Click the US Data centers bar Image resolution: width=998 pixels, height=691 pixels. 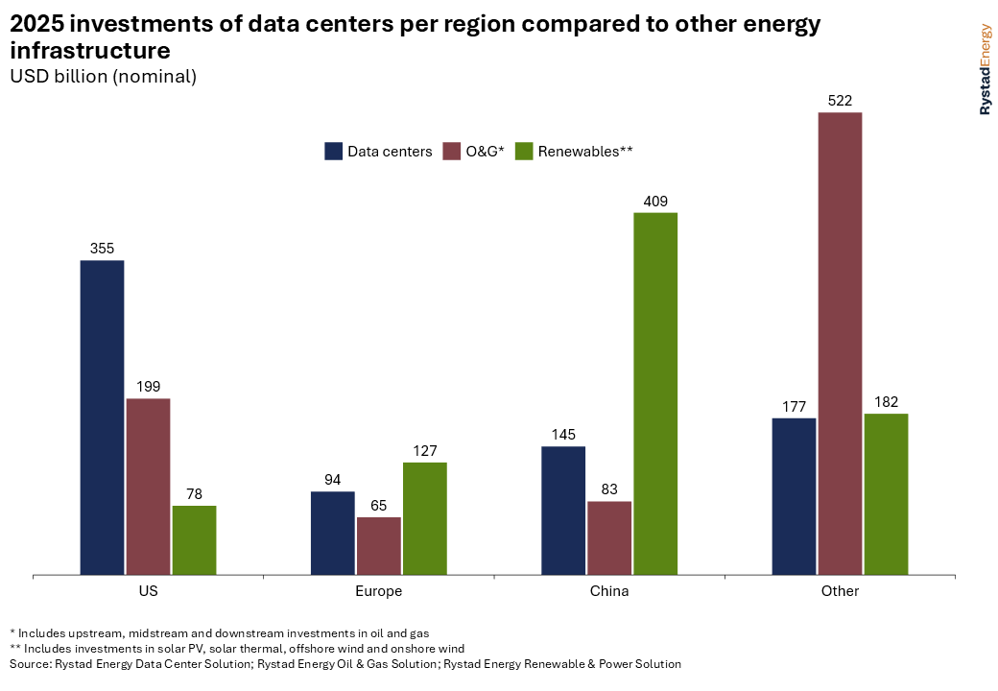(x=102, y=417)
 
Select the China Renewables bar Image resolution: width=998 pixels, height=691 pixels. (x=655, y=393)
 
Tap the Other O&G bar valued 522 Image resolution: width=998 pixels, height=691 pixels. (x=840, y=344)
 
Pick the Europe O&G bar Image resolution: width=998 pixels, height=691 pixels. (x=379, y=546)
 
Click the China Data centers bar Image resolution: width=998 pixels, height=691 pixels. (x=563, y=511)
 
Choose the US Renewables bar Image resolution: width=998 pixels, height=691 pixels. (x=194, y=540)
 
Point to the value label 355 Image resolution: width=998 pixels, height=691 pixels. (x=102, y=249)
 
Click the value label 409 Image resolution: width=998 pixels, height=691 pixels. (x=655, y=202)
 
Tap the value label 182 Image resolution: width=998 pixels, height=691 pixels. (x=886, y=402)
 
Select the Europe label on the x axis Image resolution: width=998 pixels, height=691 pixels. (x=379, y=591)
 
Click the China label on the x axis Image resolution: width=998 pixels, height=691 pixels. (x=609, y=591)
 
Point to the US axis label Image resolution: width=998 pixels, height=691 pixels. (x=148, y=591)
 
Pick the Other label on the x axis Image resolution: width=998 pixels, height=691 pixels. (x=840, y=591)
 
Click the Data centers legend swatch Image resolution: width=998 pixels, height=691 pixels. (x=334, y=151)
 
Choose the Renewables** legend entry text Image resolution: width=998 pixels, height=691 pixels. (x=585, y=151)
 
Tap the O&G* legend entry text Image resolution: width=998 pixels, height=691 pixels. (x=486, y=151)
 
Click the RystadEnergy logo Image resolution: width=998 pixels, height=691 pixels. (x=985, y=70)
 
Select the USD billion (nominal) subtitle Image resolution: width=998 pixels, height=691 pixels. (x=103, y=77)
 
